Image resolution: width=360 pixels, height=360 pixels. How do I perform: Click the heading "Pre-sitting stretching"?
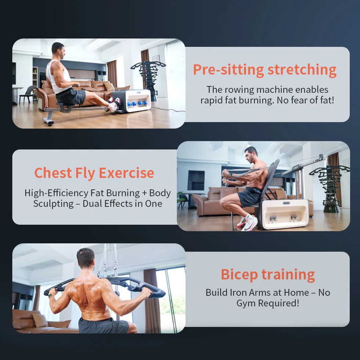click(x=264, y=70)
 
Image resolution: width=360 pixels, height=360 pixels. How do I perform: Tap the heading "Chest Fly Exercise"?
click(x=94, y=173)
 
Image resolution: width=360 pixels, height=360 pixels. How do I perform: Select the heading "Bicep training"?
click(x=268, y=274)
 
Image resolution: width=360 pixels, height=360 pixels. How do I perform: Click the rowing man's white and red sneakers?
click(x=113, y=105)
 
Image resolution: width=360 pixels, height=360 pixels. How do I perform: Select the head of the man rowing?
click(x=58, y=49)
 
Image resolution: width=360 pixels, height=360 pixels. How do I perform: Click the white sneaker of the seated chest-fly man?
click(x=249, y=223)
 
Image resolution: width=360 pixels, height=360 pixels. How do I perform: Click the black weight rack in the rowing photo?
click(x=148, y=77)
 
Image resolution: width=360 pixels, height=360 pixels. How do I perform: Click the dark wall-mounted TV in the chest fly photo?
click(x=196, y=180)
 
